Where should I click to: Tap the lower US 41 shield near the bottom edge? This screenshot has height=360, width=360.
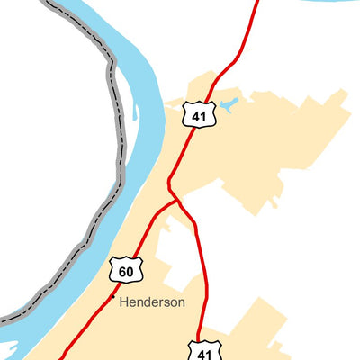(x=202, y=349)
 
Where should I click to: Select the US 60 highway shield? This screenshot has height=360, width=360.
(x=126, y=269)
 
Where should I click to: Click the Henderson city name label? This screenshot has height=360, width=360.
(x=151, y=302)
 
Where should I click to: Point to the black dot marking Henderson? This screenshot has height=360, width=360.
(x=112, y=297)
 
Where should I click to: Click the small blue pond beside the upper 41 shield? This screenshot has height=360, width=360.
(x=227, y=105)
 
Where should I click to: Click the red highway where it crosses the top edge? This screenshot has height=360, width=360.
(x=256, y=3)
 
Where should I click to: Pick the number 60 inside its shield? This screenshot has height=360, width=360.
(x=126, y=271)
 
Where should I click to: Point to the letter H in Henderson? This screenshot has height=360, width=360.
(x=124, y=302)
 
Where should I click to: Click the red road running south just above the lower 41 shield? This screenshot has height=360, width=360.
(x=205, y=315)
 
